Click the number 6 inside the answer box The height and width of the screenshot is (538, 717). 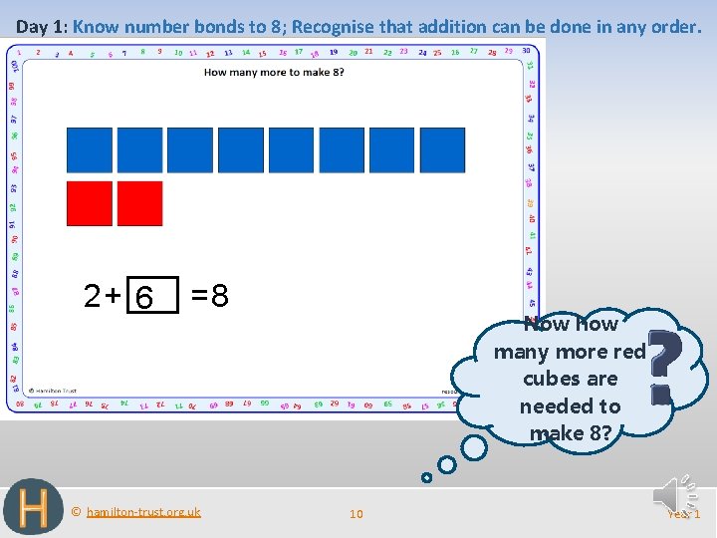pos(145,297)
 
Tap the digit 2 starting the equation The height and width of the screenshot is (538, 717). pos(92,296)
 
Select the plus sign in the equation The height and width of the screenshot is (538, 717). pos(113,296)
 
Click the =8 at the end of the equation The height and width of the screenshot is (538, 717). pos(210,296)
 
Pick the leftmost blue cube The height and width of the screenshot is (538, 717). pos(89,150)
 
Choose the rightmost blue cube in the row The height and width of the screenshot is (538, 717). pos(442,150)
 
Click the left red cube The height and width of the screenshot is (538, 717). pos(89,203)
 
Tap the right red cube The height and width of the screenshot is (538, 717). pos(139,203)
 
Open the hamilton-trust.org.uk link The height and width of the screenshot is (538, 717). pos(142,512)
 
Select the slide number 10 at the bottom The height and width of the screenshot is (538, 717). pos(356,514)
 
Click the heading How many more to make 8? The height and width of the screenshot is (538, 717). pos(274,73)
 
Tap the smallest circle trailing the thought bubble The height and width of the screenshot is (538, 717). pos(426,477)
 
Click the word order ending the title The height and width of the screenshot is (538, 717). pos(674,26)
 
